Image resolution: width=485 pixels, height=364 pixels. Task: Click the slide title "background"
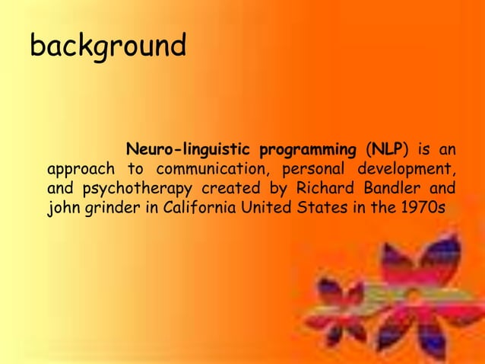point(107,47)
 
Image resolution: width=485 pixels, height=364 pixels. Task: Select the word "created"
point(215,187)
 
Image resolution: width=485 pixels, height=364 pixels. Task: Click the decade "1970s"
point(426,208)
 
